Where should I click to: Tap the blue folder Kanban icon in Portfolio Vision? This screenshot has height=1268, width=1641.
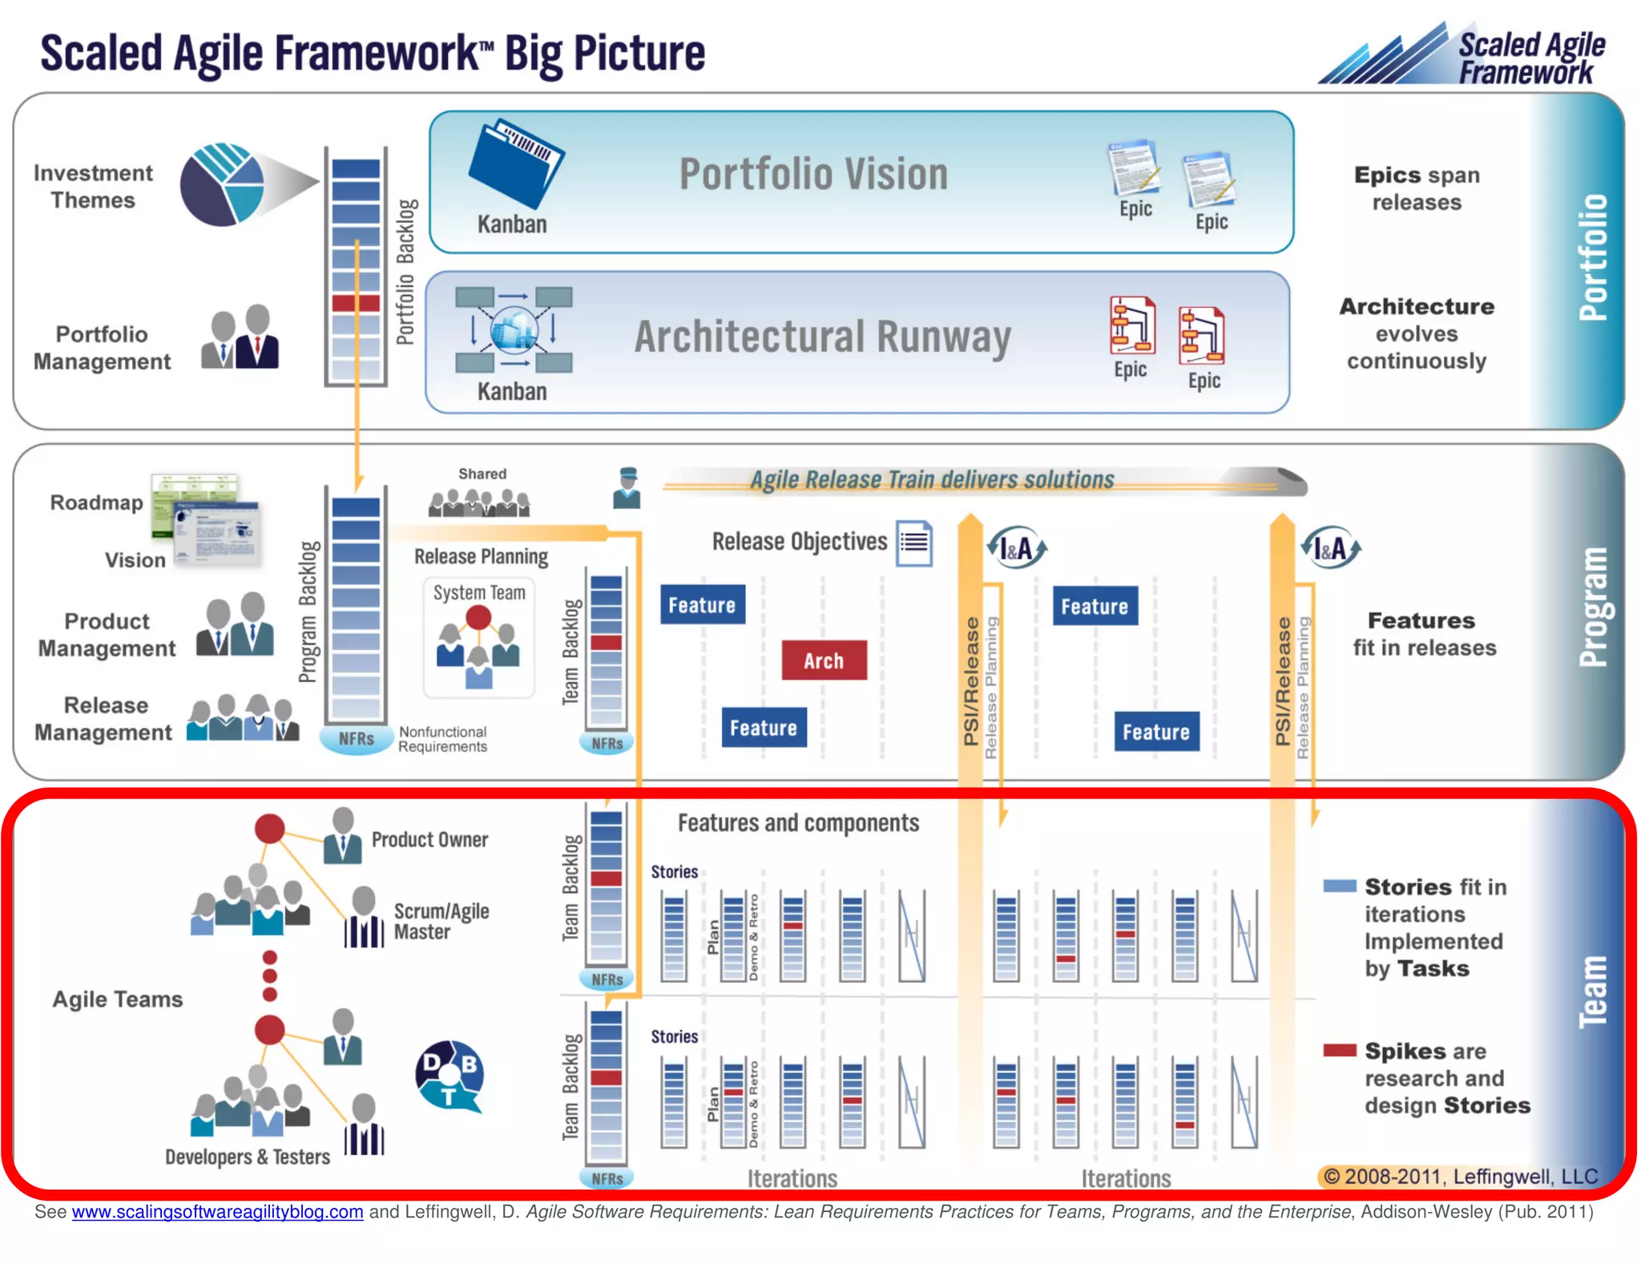coord(515,163)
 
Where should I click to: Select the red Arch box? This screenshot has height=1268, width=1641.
coord(824,660)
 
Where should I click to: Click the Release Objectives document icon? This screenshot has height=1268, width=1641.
coord(914,543)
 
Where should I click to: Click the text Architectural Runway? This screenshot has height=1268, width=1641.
coord(822,337)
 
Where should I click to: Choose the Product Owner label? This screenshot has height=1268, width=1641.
coord(429,839)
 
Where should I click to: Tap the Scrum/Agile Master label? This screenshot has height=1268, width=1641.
coord(441,922)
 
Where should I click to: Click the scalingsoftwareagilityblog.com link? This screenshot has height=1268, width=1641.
coord(217,1211)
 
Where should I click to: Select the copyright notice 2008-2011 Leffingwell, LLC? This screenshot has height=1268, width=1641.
coord(1460,1176)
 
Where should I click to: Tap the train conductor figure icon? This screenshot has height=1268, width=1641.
coord(627,488)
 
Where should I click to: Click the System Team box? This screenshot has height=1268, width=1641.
coord(479,638)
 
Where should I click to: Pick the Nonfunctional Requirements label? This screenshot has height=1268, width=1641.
coord(442,739)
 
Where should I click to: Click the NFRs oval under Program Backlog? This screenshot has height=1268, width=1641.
coord(356,738)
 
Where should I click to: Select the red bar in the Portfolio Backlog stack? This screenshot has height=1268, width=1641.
coord(356,303)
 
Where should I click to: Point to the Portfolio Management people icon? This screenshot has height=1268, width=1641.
coord(240,337)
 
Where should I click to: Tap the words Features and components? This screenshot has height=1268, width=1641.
coord(798,823)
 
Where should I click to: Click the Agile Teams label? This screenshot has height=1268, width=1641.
coord(118,999)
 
